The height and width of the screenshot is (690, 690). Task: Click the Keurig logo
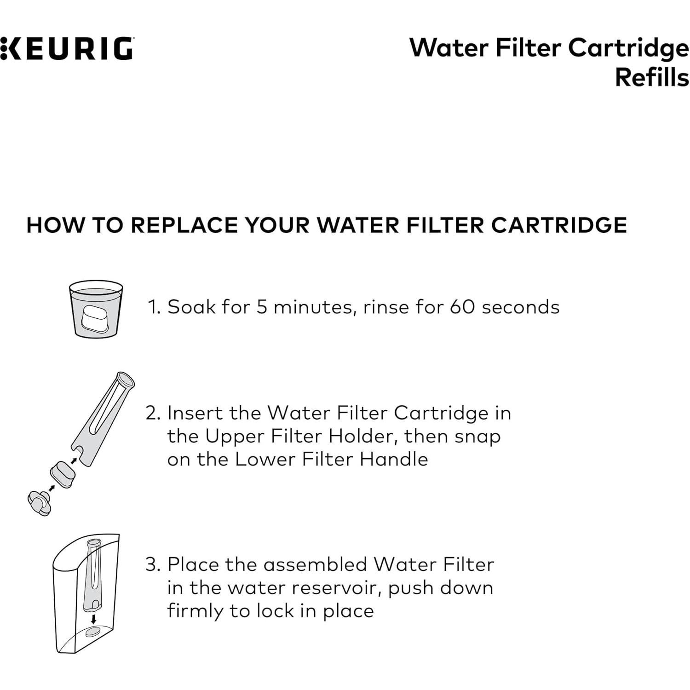point(67,49)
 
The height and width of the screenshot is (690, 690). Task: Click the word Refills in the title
point(652,77)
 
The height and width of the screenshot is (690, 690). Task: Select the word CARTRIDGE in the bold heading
point(558,225)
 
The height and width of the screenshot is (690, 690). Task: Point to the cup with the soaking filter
point(96,309)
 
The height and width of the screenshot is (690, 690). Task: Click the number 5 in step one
point(262,307)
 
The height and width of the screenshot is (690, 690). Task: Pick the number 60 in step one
point(462,307)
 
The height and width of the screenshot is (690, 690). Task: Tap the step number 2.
point(152,413)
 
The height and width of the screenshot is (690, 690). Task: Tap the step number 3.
point(152,564)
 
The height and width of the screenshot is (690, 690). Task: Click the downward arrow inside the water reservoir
point(94,619)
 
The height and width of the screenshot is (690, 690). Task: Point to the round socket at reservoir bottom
point(93,632)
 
